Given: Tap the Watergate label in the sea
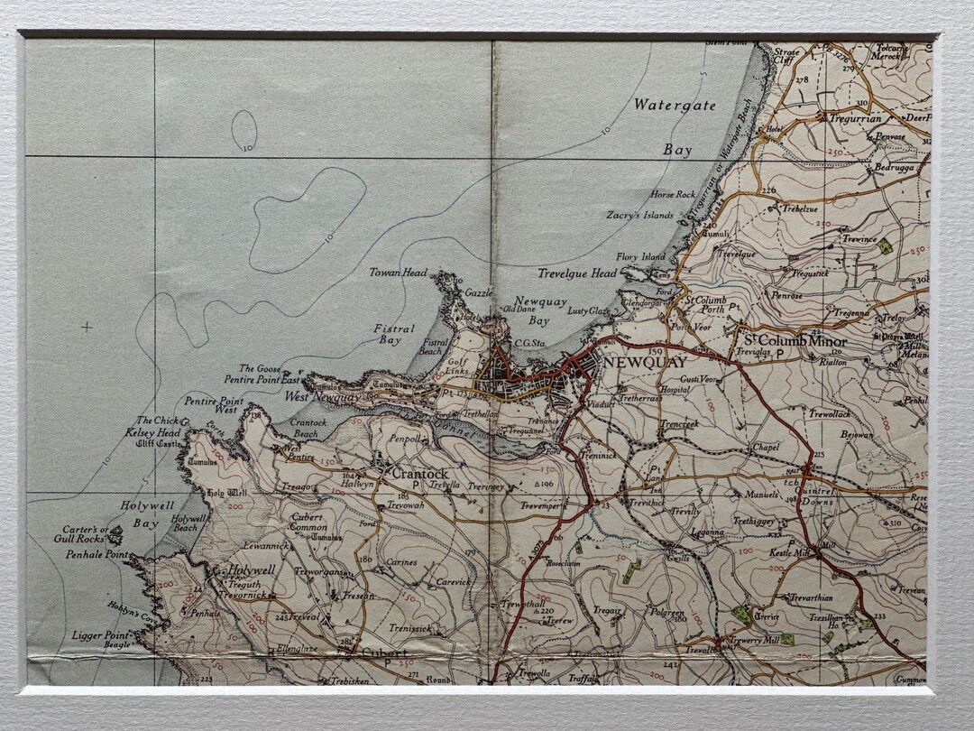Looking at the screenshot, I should [x=674, y=105].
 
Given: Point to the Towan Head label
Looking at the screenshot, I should [x=398, y=273].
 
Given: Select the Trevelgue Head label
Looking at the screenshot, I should [x=577, y=273].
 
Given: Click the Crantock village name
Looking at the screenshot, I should [x=419, y=473].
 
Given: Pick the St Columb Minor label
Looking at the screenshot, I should [x=794, y=341].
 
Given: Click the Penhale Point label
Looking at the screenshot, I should [x=97, y=555].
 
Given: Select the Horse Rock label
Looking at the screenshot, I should [x=673, y=195].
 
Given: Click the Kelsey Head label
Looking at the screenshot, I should [x=158, y=432].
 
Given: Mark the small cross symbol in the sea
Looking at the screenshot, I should [x=87, y=327].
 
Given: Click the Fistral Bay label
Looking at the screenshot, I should [x=394, y=334].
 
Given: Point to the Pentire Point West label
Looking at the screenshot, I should [x=214, y=405].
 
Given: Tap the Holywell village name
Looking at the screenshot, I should [x=251, y=570].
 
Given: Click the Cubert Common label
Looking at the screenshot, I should [x=308, y=522].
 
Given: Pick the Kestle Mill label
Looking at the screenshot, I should [x=789, y=551].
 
